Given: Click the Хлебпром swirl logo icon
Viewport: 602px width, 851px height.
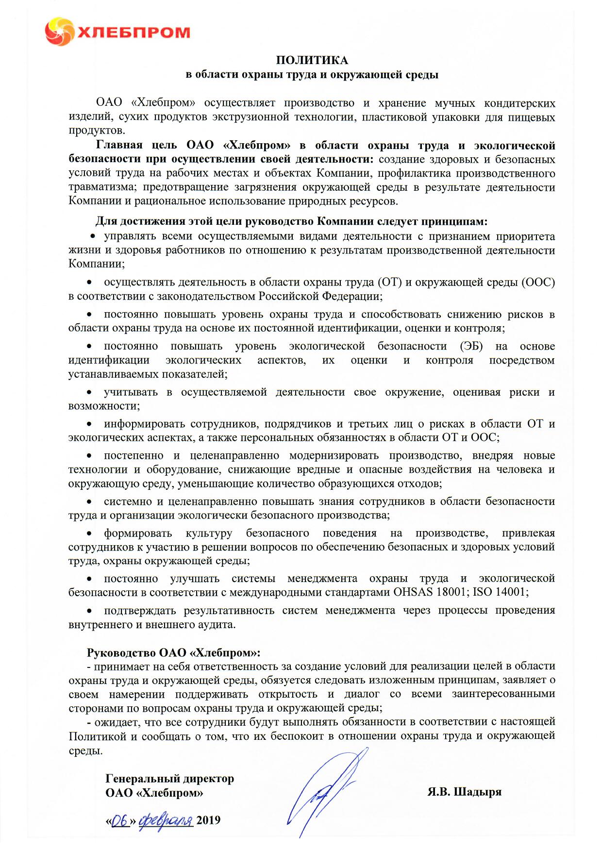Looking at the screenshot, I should pos(59,32).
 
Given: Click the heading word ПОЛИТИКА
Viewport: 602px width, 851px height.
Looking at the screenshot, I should pos(312,60).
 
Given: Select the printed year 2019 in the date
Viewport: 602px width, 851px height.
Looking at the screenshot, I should pos(208,820).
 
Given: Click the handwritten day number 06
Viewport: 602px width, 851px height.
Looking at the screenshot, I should pos(119,820).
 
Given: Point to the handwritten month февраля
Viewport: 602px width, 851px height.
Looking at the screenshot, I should pos(166,820).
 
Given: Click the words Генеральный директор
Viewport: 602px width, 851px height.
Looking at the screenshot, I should pos(169,778).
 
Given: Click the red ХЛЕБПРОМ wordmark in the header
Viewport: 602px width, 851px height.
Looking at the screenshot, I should pos(134,33).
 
